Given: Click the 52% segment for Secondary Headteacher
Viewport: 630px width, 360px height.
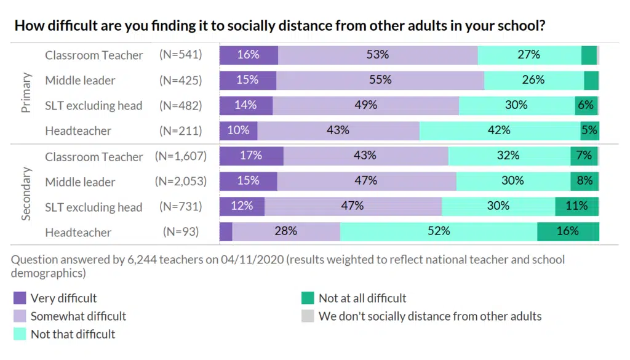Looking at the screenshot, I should click(438, 232).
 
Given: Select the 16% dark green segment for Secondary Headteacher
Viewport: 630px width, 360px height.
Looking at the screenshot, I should click(567, 232).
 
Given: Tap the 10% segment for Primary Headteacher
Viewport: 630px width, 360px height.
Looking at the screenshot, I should click(239, 130).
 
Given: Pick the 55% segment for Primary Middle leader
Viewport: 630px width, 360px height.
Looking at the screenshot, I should click(380, 80).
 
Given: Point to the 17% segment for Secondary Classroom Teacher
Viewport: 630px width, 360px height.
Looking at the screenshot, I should click(251, 156).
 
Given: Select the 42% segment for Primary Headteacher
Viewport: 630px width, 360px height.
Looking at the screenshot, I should click(499, 130).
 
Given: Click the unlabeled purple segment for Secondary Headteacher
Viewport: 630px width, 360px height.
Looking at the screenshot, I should click(226, 232).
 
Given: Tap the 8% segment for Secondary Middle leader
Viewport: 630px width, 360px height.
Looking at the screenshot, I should click(584, 182).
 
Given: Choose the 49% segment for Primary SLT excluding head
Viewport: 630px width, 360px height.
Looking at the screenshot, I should click(365, 105).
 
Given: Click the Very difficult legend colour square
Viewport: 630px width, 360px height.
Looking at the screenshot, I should click(20, 298).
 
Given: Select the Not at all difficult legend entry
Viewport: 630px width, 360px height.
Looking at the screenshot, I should click(362, 298).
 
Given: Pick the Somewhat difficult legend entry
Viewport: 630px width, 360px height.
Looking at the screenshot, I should click(78, 316).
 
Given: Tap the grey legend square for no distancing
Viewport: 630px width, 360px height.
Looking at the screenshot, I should click(308, 316).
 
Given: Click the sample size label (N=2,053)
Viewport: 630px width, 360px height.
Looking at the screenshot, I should click(180, 182).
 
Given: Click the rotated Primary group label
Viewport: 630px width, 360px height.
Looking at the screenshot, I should click(26, 93).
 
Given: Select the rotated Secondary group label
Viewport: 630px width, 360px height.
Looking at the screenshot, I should click(26, 194).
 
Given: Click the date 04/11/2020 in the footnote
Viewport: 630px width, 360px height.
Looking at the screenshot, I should click(252, 260).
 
